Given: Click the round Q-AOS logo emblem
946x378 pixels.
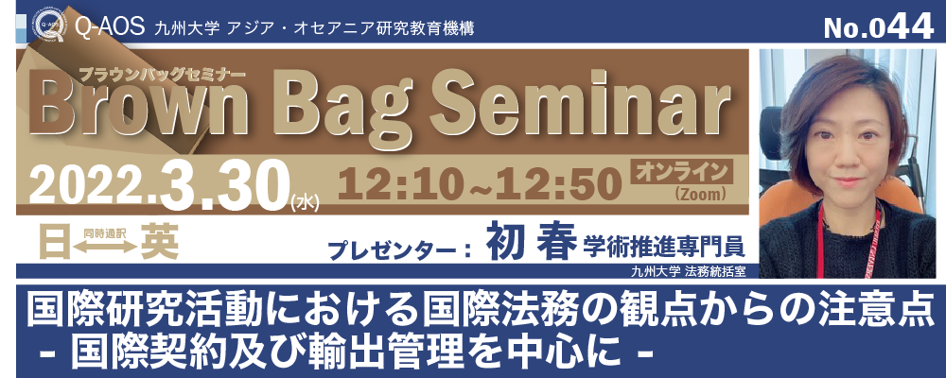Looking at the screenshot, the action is [49, 26].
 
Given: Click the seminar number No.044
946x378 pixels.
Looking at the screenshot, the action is [877, 26].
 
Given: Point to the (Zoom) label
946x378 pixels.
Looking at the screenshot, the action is [701, 194].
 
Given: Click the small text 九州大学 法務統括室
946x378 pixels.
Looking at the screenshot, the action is [688, 271].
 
